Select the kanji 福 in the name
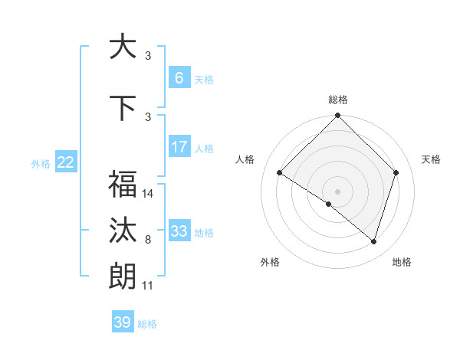click(122, 184)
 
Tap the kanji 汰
click(122, 231)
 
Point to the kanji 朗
click(122, 276)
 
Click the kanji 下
click(122, 107)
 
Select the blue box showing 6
click(179, 77)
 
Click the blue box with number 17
click(179, 146)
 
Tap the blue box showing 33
click(179, 231)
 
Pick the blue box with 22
click(66, 162)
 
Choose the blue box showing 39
click(122, 322)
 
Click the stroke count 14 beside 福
click(148, 194)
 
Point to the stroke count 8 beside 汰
click(148, 240)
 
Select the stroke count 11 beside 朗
click(148, 286)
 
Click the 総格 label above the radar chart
click(338, 100)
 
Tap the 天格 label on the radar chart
click(431, 159)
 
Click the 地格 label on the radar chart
click(402, 263)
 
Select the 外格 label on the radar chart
click(270, 263)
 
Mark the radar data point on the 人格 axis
click(280, 172)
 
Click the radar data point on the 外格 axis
click(329, 204)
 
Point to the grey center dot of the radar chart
click(338, 191)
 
